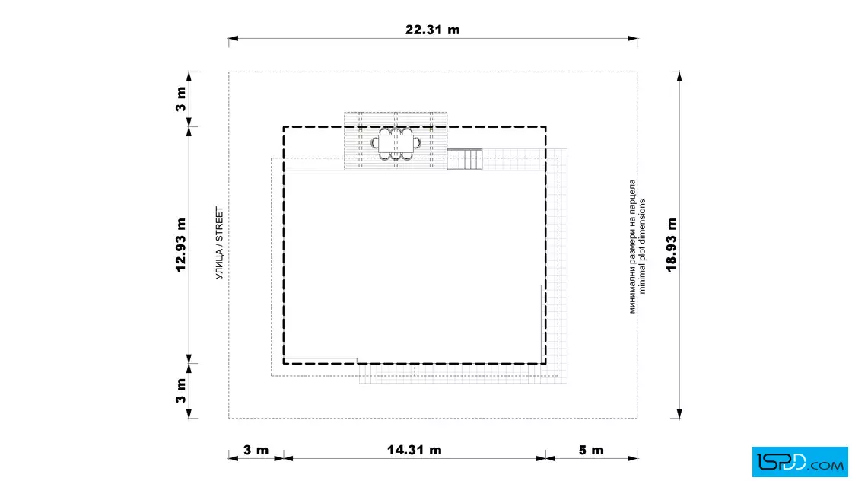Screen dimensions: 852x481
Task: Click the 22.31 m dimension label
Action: point(433,30)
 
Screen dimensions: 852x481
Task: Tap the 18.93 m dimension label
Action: point(672,244)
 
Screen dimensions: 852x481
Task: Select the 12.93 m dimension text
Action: point(181,244)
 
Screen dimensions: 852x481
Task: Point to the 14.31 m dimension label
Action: point(414,450)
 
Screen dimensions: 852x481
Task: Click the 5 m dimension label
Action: point(591,450)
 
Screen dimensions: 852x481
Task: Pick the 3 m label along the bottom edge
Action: point(256,450)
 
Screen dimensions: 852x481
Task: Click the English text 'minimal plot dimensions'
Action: point(642,246)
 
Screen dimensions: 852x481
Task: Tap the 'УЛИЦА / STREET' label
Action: point(220,243)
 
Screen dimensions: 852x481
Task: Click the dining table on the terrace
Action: point(396,144)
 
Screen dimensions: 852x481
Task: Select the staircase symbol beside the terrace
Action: point(465,159)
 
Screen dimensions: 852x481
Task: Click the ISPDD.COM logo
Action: point(800,462)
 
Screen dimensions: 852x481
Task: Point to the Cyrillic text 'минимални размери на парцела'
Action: point(632,246)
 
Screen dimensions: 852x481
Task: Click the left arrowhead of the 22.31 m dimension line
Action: point(234,39)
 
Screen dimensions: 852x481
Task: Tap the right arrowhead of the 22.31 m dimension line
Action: point(632,39)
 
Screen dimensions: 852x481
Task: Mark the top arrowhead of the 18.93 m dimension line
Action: point(679,77)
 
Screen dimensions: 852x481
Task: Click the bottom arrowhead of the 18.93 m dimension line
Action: point(679,413)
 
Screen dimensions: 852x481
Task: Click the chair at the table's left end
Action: point(375,144)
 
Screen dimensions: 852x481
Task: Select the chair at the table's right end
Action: point(417,144)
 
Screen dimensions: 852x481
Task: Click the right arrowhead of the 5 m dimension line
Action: point(632,458)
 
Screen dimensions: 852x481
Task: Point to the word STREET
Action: point(220,224)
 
